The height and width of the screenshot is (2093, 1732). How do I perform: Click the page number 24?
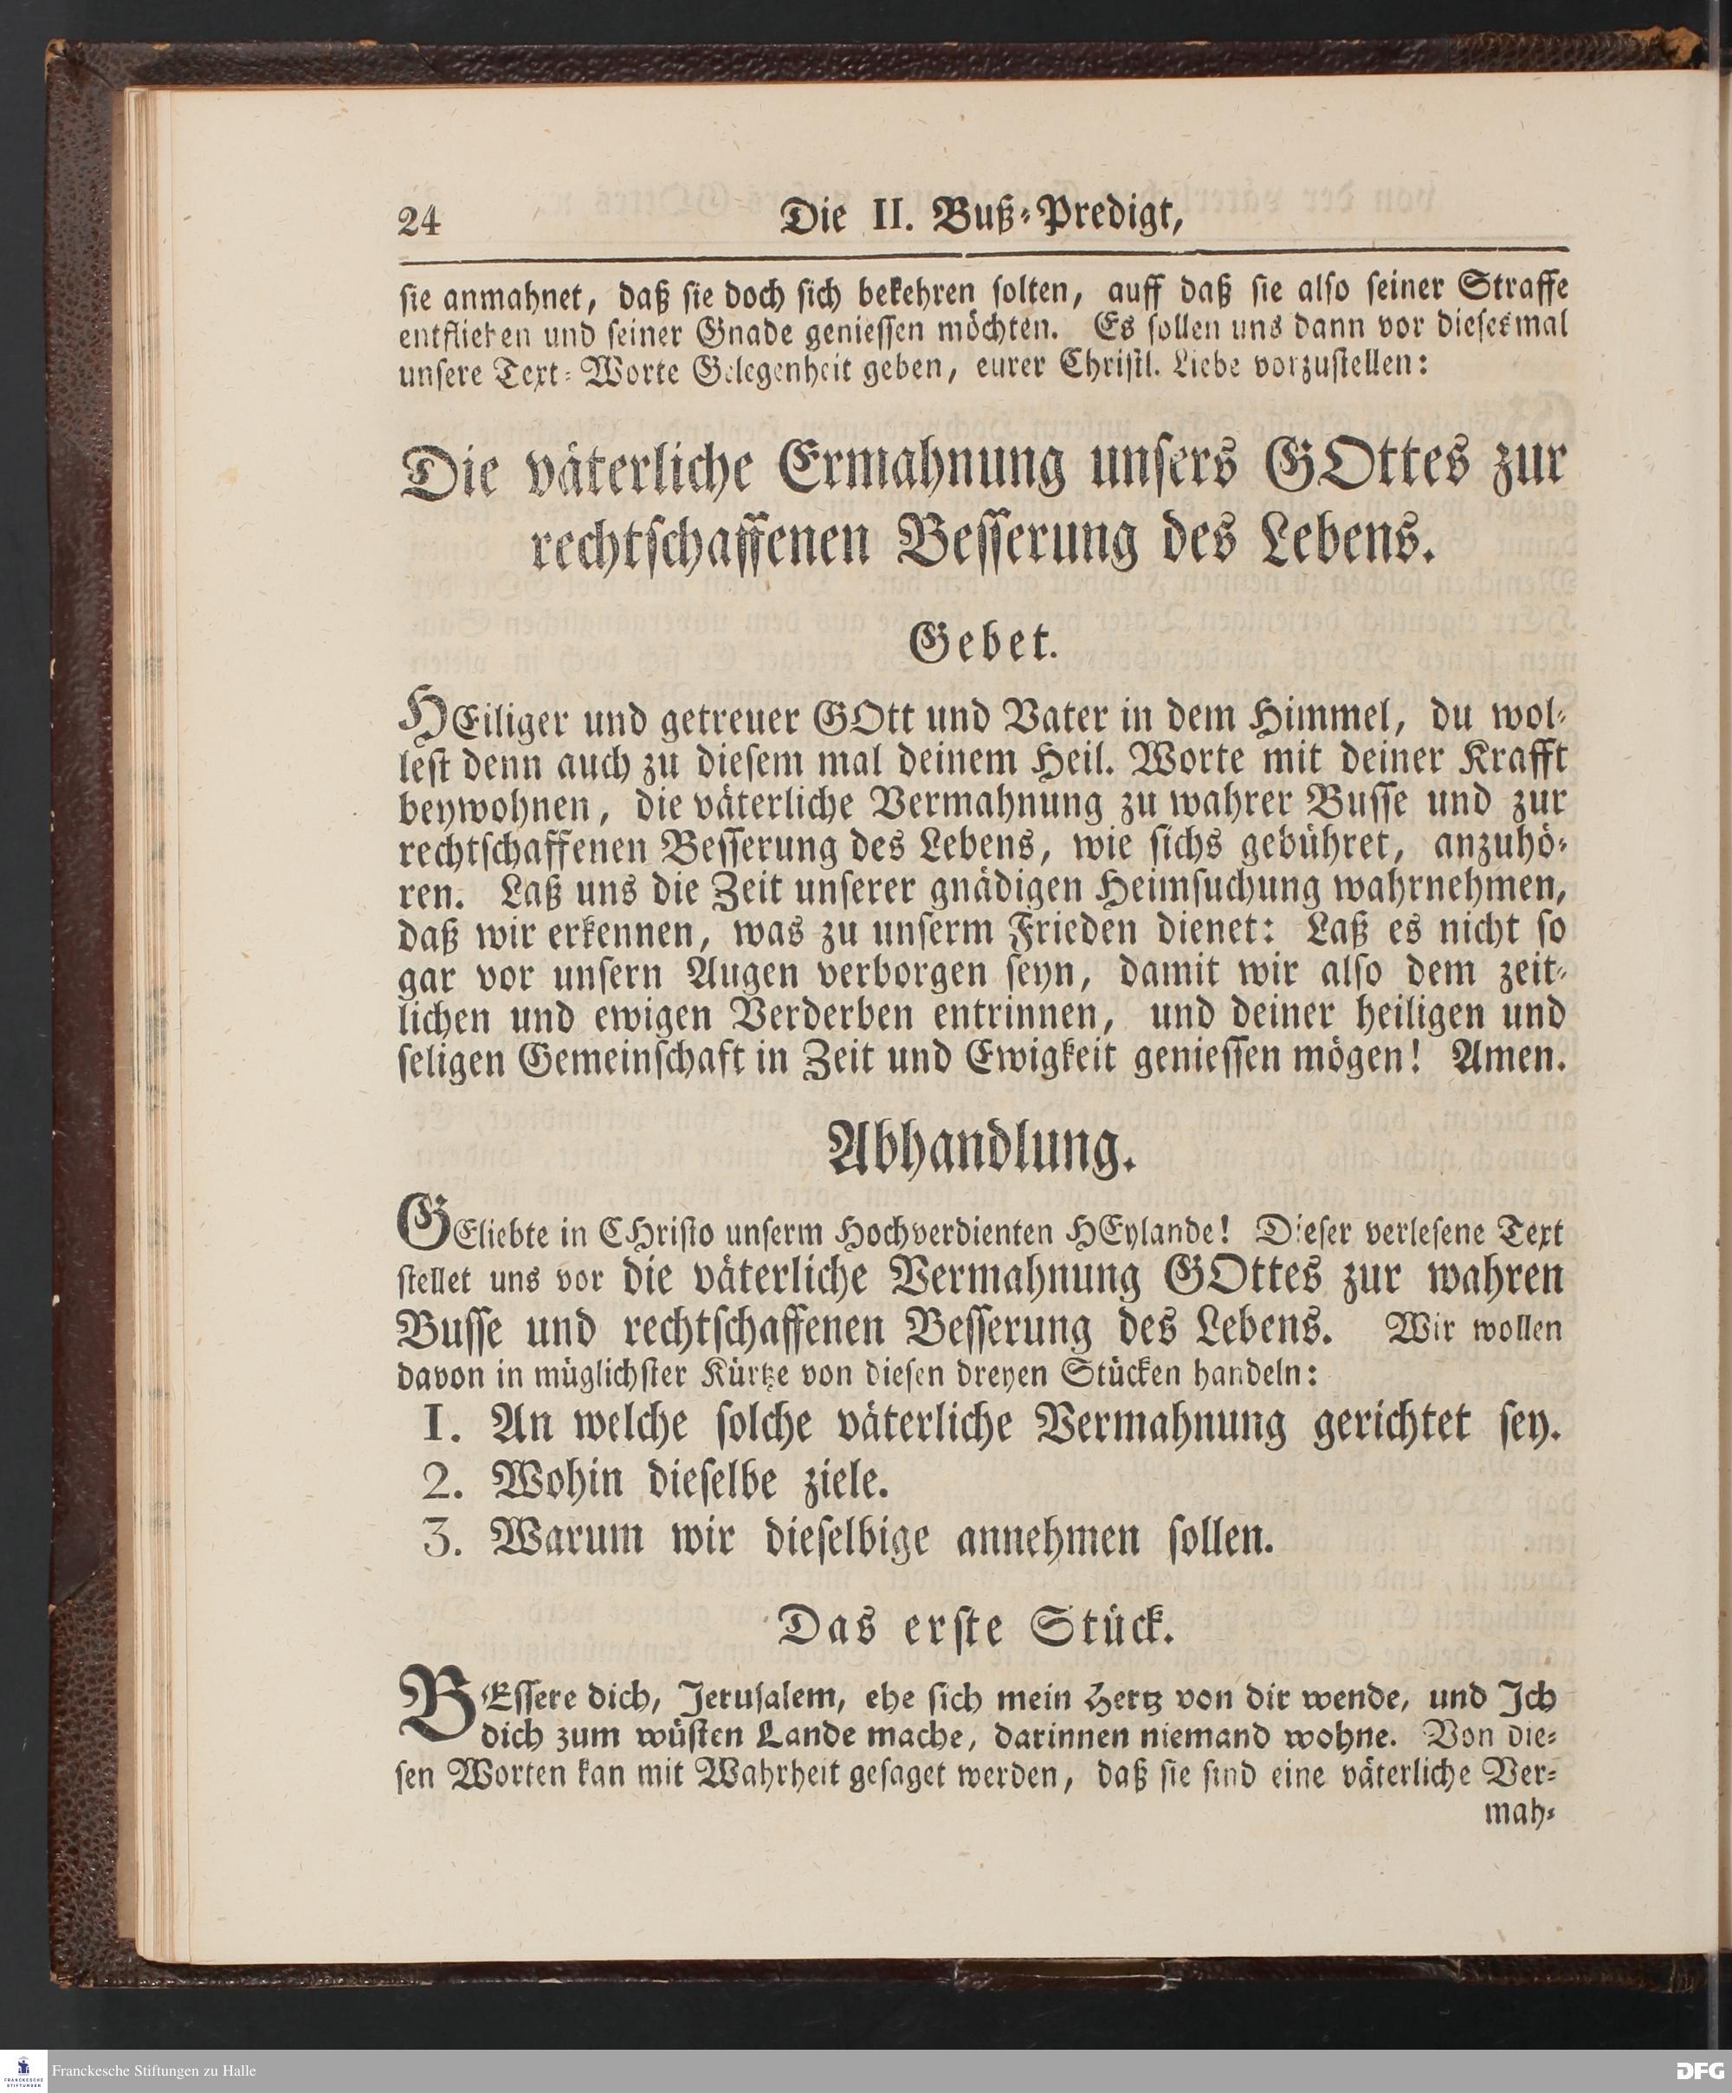pyautogui.click(x=419, y=219)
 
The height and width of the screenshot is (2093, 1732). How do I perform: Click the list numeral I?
pyautogui.click(x=439, y=1427)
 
